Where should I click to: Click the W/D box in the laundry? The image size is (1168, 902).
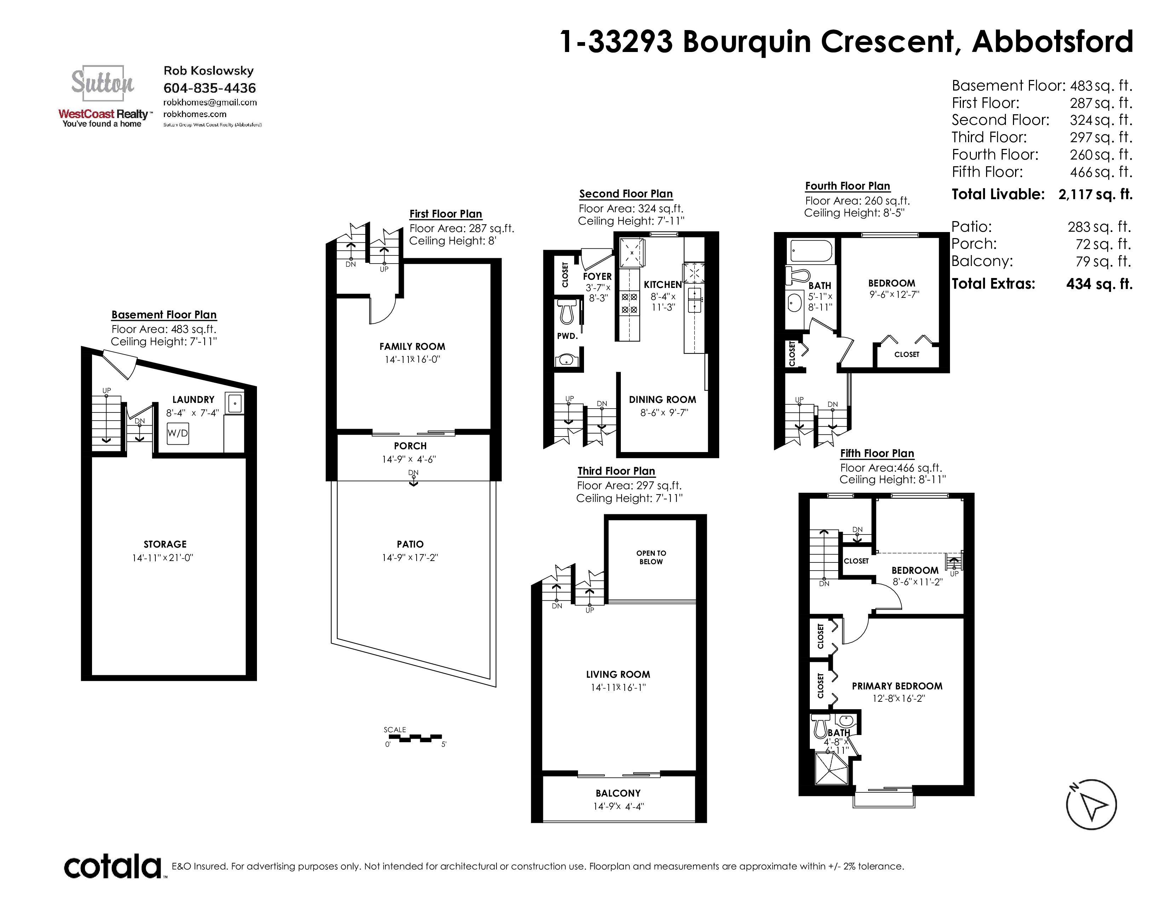point(178,433)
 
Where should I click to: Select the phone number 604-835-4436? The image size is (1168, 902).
point(210,88)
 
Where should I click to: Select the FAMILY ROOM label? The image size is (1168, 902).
point(412,346)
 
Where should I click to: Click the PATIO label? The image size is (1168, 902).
point(410,544)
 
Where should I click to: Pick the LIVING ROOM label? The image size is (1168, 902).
point(618,674)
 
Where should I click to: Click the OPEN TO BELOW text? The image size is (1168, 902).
point(651,557)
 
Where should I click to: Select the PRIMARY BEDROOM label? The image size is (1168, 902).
point(897,686)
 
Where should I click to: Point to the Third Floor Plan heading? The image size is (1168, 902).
point(616,471)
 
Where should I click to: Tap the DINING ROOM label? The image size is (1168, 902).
point(663,400)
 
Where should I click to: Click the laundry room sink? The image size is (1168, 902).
point(235,404)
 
